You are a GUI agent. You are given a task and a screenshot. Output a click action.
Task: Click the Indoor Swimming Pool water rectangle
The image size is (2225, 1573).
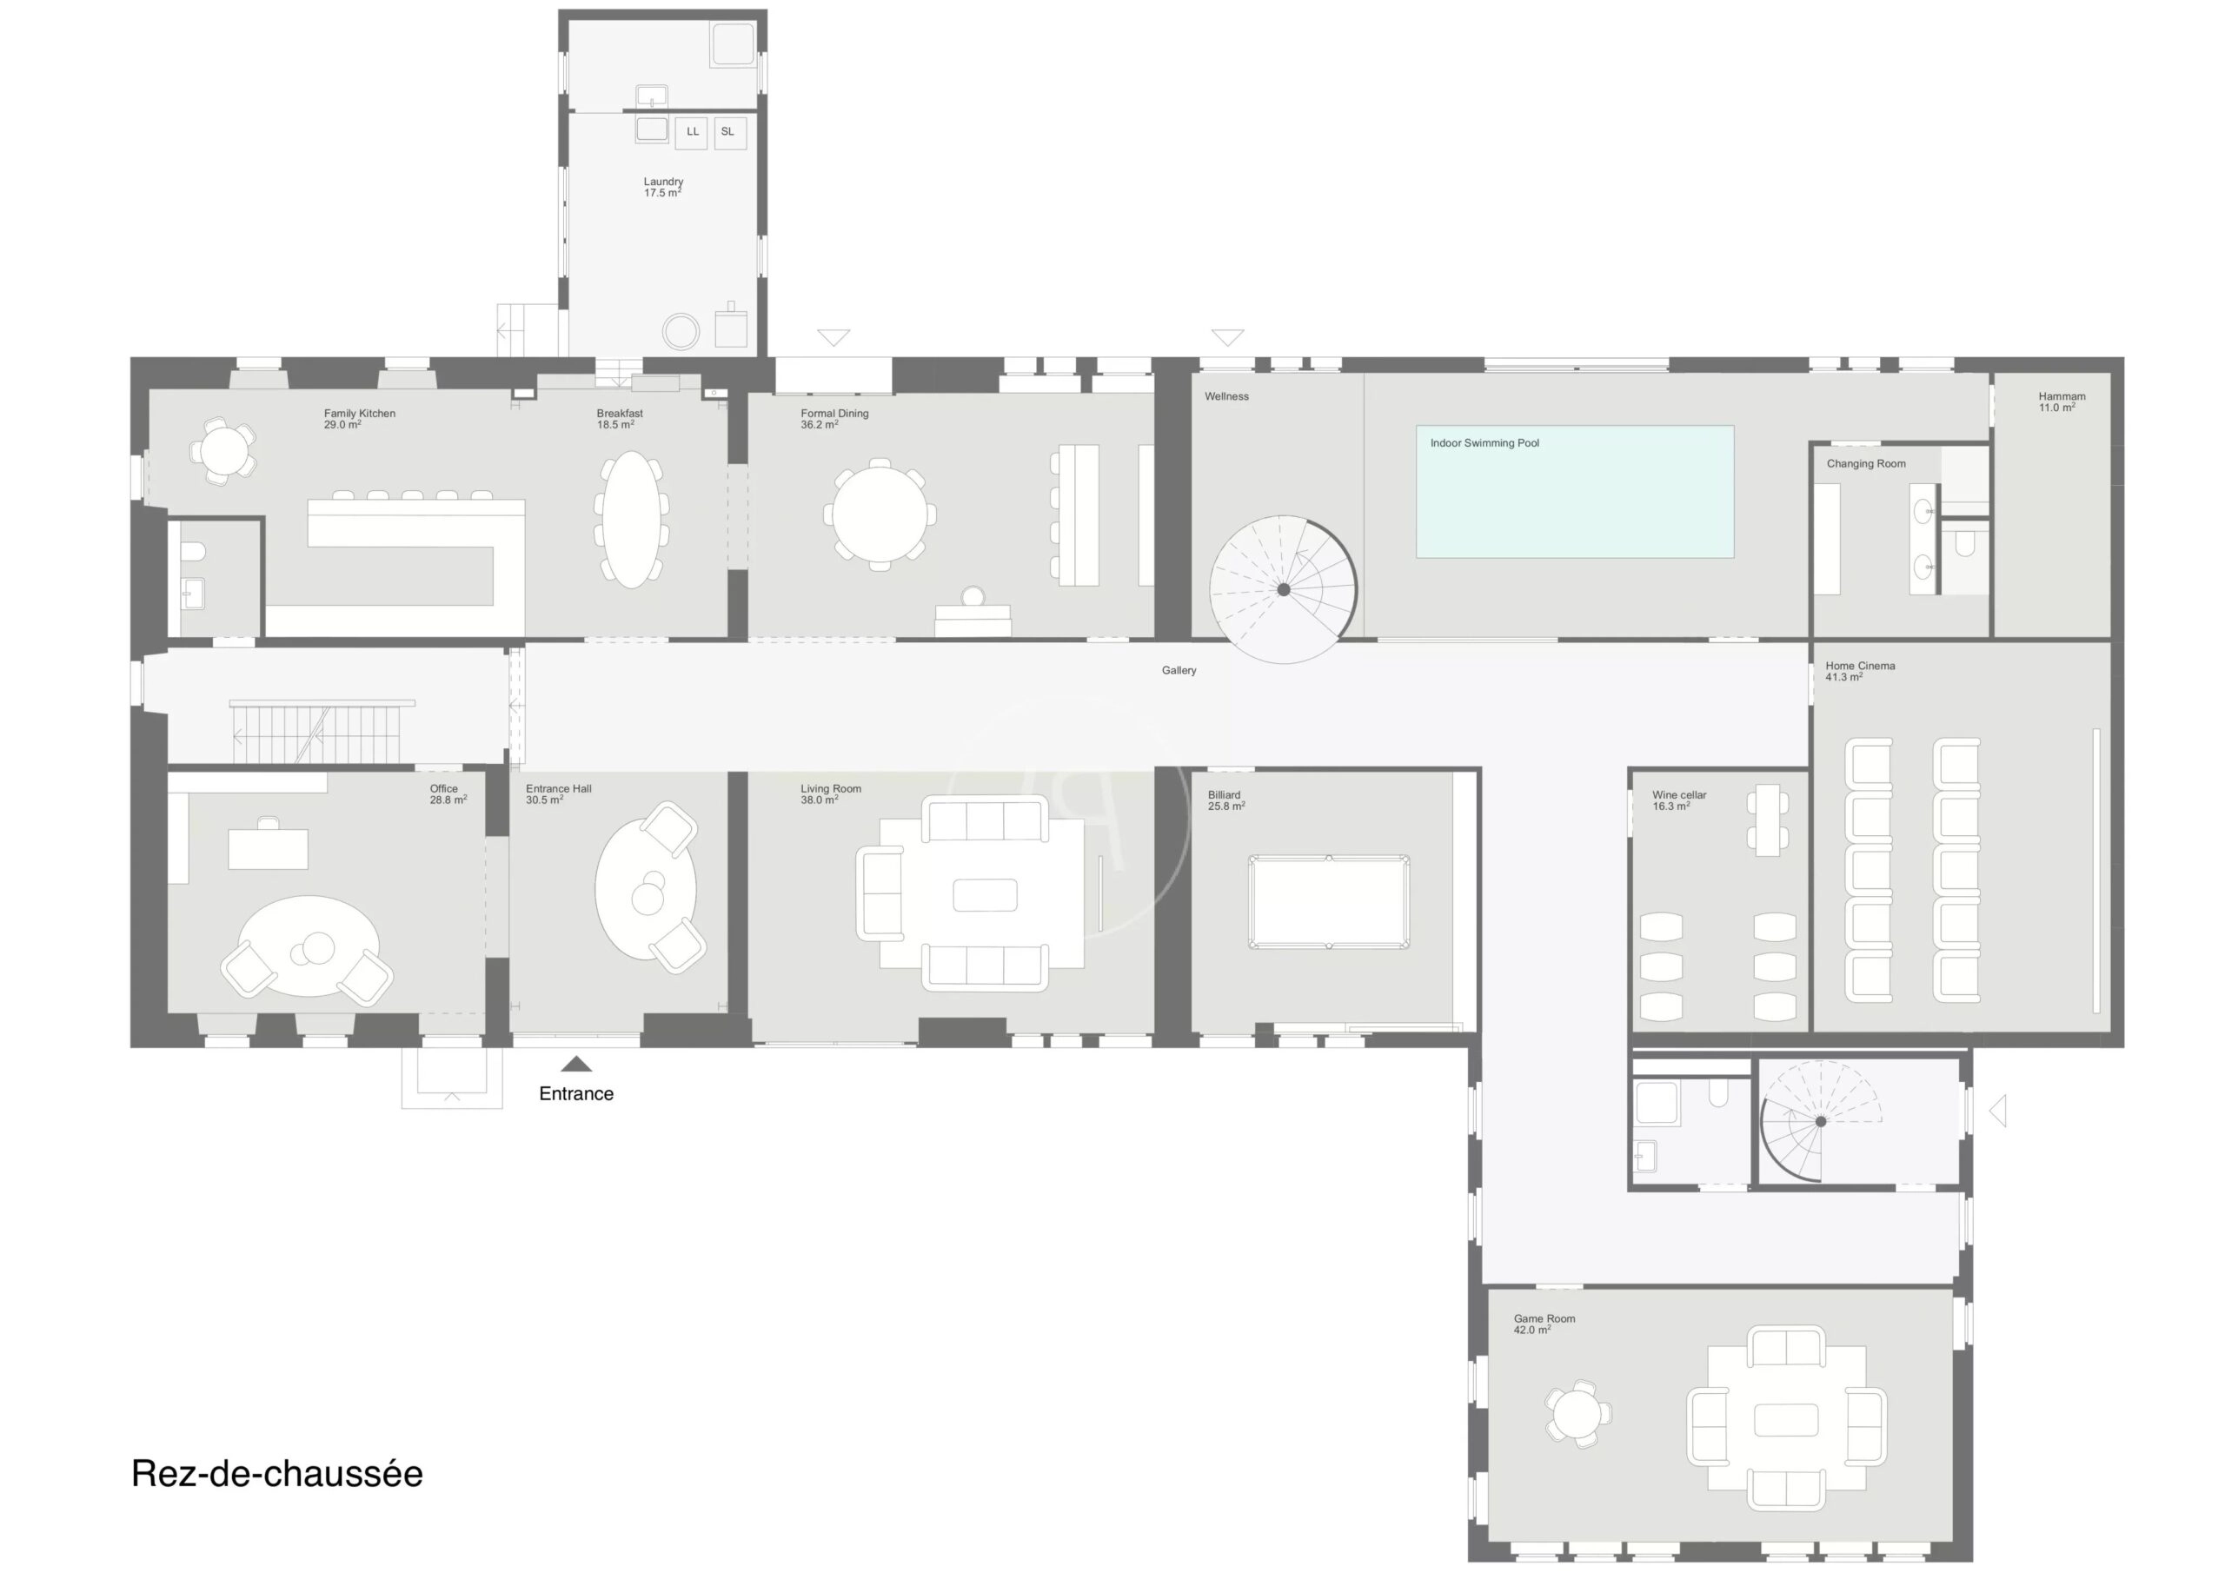pos(1575,491)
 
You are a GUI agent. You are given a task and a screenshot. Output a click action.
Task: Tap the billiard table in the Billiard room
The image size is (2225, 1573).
pos(1329,901)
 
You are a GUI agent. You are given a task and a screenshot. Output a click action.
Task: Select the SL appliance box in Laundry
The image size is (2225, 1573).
pos(730,132)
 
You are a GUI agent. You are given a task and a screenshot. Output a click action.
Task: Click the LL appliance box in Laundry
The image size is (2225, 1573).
pos(691,132)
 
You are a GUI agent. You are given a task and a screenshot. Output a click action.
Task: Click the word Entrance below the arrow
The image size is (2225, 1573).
pos(576,1093)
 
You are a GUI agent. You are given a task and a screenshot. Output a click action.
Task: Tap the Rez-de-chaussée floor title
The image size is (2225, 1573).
pos(277,1473)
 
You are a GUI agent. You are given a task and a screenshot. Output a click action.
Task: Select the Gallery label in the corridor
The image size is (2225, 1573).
pos(1179,671)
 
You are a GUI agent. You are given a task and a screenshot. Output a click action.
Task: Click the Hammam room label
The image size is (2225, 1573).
pos(2062,396)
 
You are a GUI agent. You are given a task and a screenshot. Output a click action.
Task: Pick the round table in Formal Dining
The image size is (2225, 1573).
pos(880,514)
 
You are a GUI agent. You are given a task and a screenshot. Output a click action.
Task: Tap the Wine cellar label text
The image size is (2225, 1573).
pos(1679,794)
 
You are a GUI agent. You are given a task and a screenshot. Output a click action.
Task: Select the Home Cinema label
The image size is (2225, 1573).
pos(1860,666)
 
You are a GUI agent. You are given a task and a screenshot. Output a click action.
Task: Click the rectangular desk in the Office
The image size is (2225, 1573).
pos(269,849)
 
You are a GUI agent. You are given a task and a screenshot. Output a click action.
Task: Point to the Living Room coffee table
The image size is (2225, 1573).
pos(985,895)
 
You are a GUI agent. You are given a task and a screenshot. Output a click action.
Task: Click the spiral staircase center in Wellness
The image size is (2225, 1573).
pos(1283,589)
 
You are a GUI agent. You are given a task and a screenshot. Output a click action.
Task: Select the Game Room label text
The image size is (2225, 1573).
pos(1544,1319)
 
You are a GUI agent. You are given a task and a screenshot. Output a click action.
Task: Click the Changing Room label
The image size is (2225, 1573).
pos(1866,464)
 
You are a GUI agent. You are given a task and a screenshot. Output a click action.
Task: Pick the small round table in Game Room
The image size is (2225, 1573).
pos(1577,1414)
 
